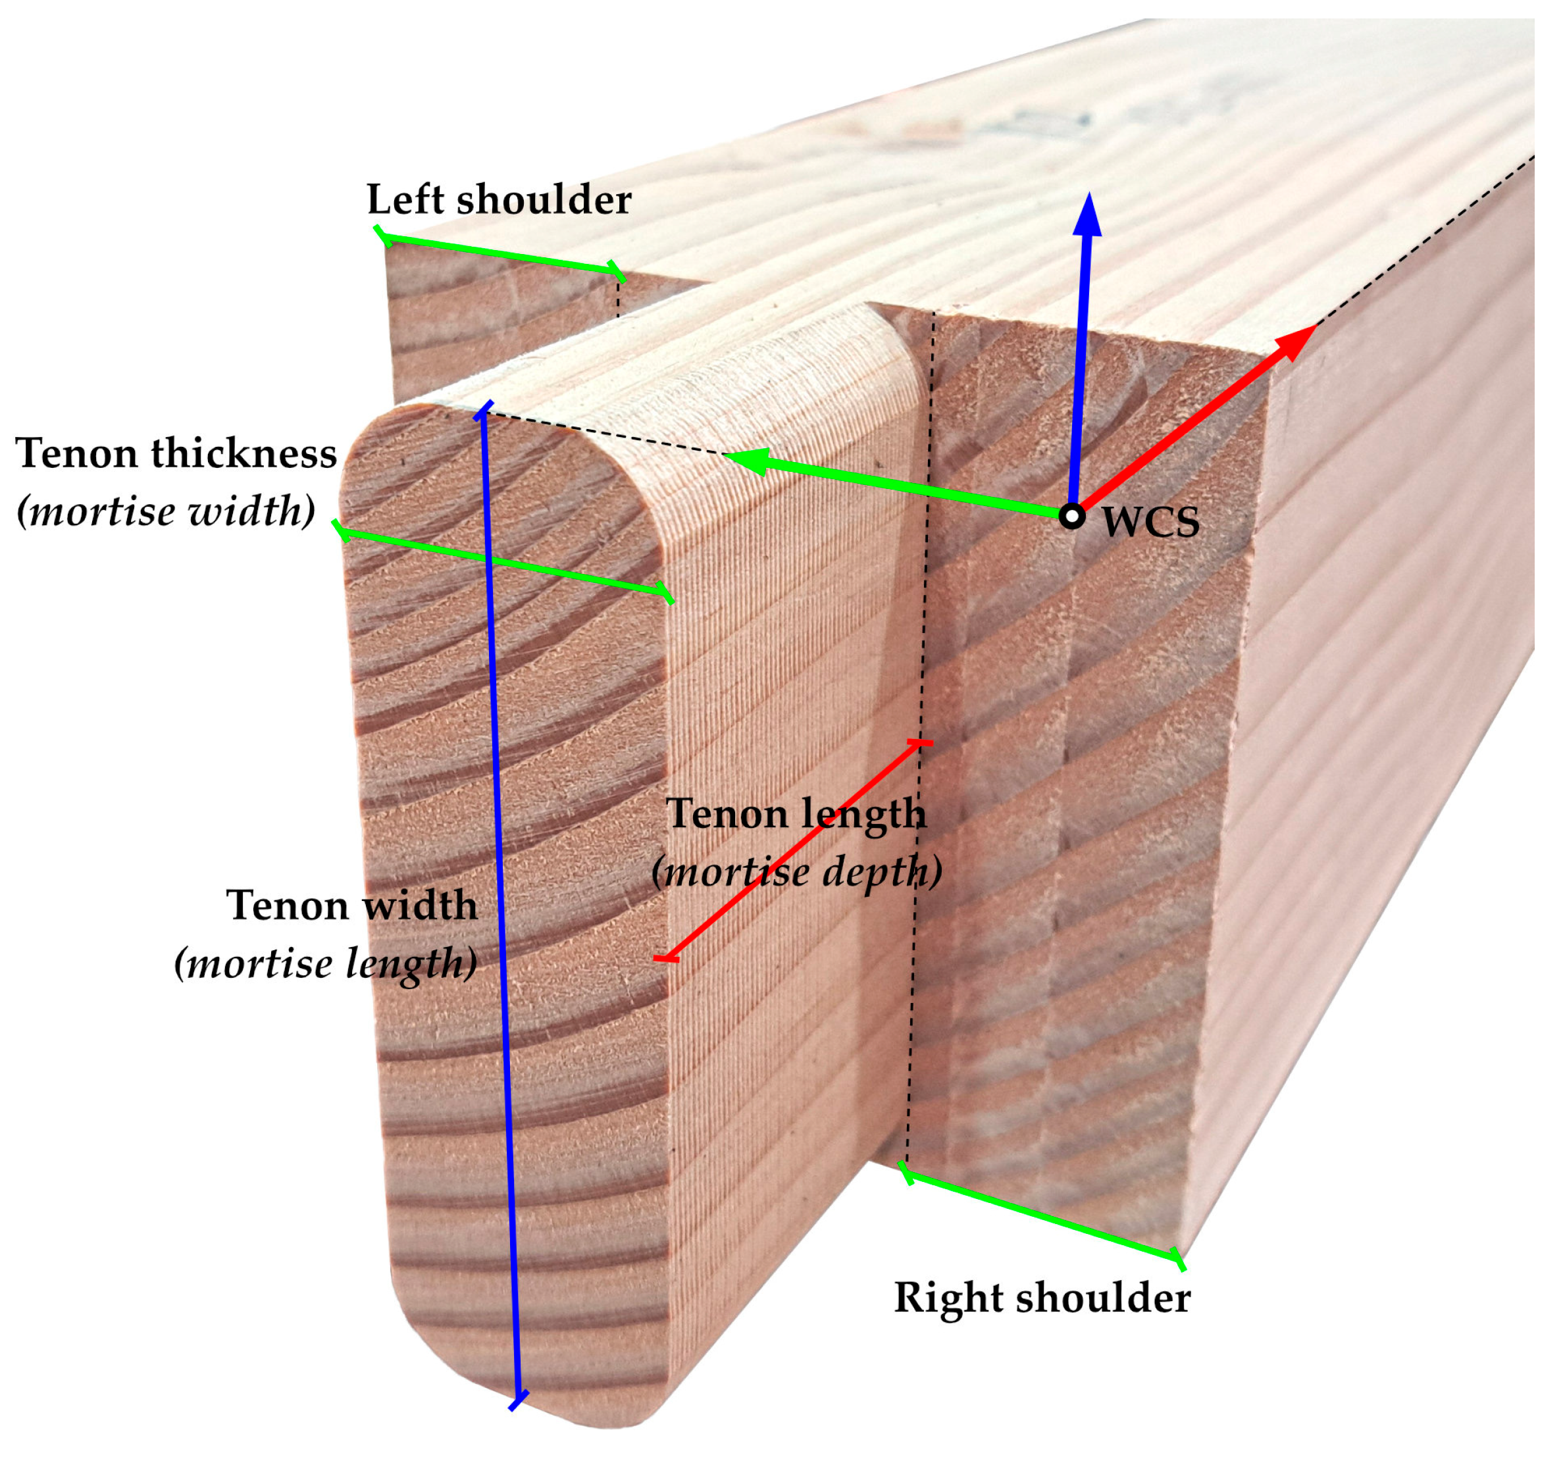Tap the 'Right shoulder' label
click(x=1042, y=1296)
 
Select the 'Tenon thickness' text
click(x=176, y=453)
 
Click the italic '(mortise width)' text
click(x=166, y=511)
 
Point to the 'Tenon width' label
click(x=351, y=905)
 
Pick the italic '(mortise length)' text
click(x=326, y=963)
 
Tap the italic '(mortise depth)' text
click(x=796, y=871)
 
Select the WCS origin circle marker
click(x=1071, y=517)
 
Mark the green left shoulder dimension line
click(x=500, y=255)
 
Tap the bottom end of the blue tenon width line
click(x=517, y=1401)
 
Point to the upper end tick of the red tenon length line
click(x=919, y=742)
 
